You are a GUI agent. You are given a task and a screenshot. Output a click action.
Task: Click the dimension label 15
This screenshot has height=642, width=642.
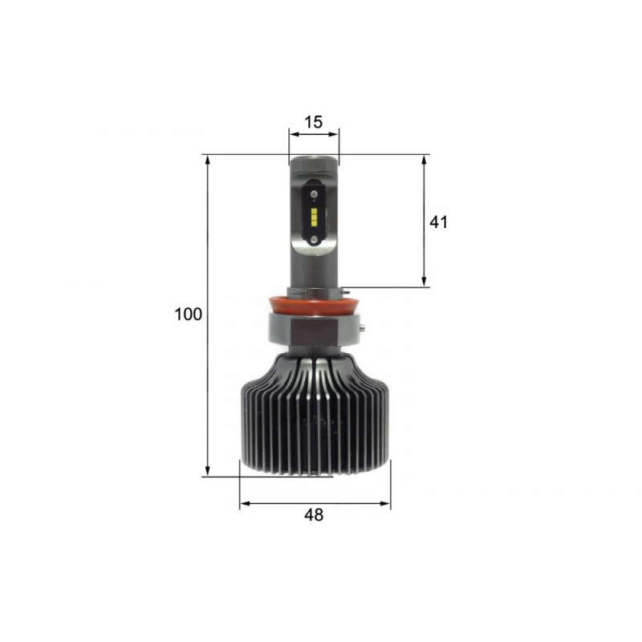click(x=314, y=122)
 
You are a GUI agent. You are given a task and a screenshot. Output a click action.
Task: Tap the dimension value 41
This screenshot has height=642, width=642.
click(x=438, y=222)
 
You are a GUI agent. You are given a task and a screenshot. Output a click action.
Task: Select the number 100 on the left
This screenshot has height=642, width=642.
click(x=189, y=314)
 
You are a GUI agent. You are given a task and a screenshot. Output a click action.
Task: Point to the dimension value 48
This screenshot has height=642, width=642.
click(x=314, y=514)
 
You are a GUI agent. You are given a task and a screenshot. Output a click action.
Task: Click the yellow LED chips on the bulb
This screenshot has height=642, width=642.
click(x=314, y=217)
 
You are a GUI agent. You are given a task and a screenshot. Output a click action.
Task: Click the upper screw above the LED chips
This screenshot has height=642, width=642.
click(x=314, y=193)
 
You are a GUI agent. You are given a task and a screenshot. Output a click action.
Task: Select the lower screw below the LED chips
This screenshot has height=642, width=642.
click(x=314, y=239)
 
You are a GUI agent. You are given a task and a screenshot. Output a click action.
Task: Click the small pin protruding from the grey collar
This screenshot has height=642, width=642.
click(x=364, y=327)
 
